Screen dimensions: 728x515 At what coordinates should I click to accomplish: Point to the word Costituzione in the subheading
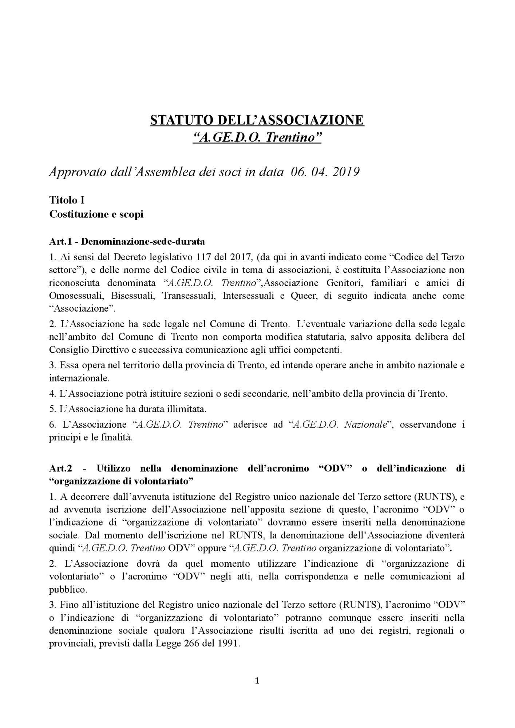[77, 214]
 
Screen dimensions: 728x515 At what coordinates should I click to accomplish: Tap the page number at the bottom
[257, 681]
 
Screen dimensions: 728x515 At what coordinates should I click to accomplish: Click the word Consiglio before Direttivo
[66, 350]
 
